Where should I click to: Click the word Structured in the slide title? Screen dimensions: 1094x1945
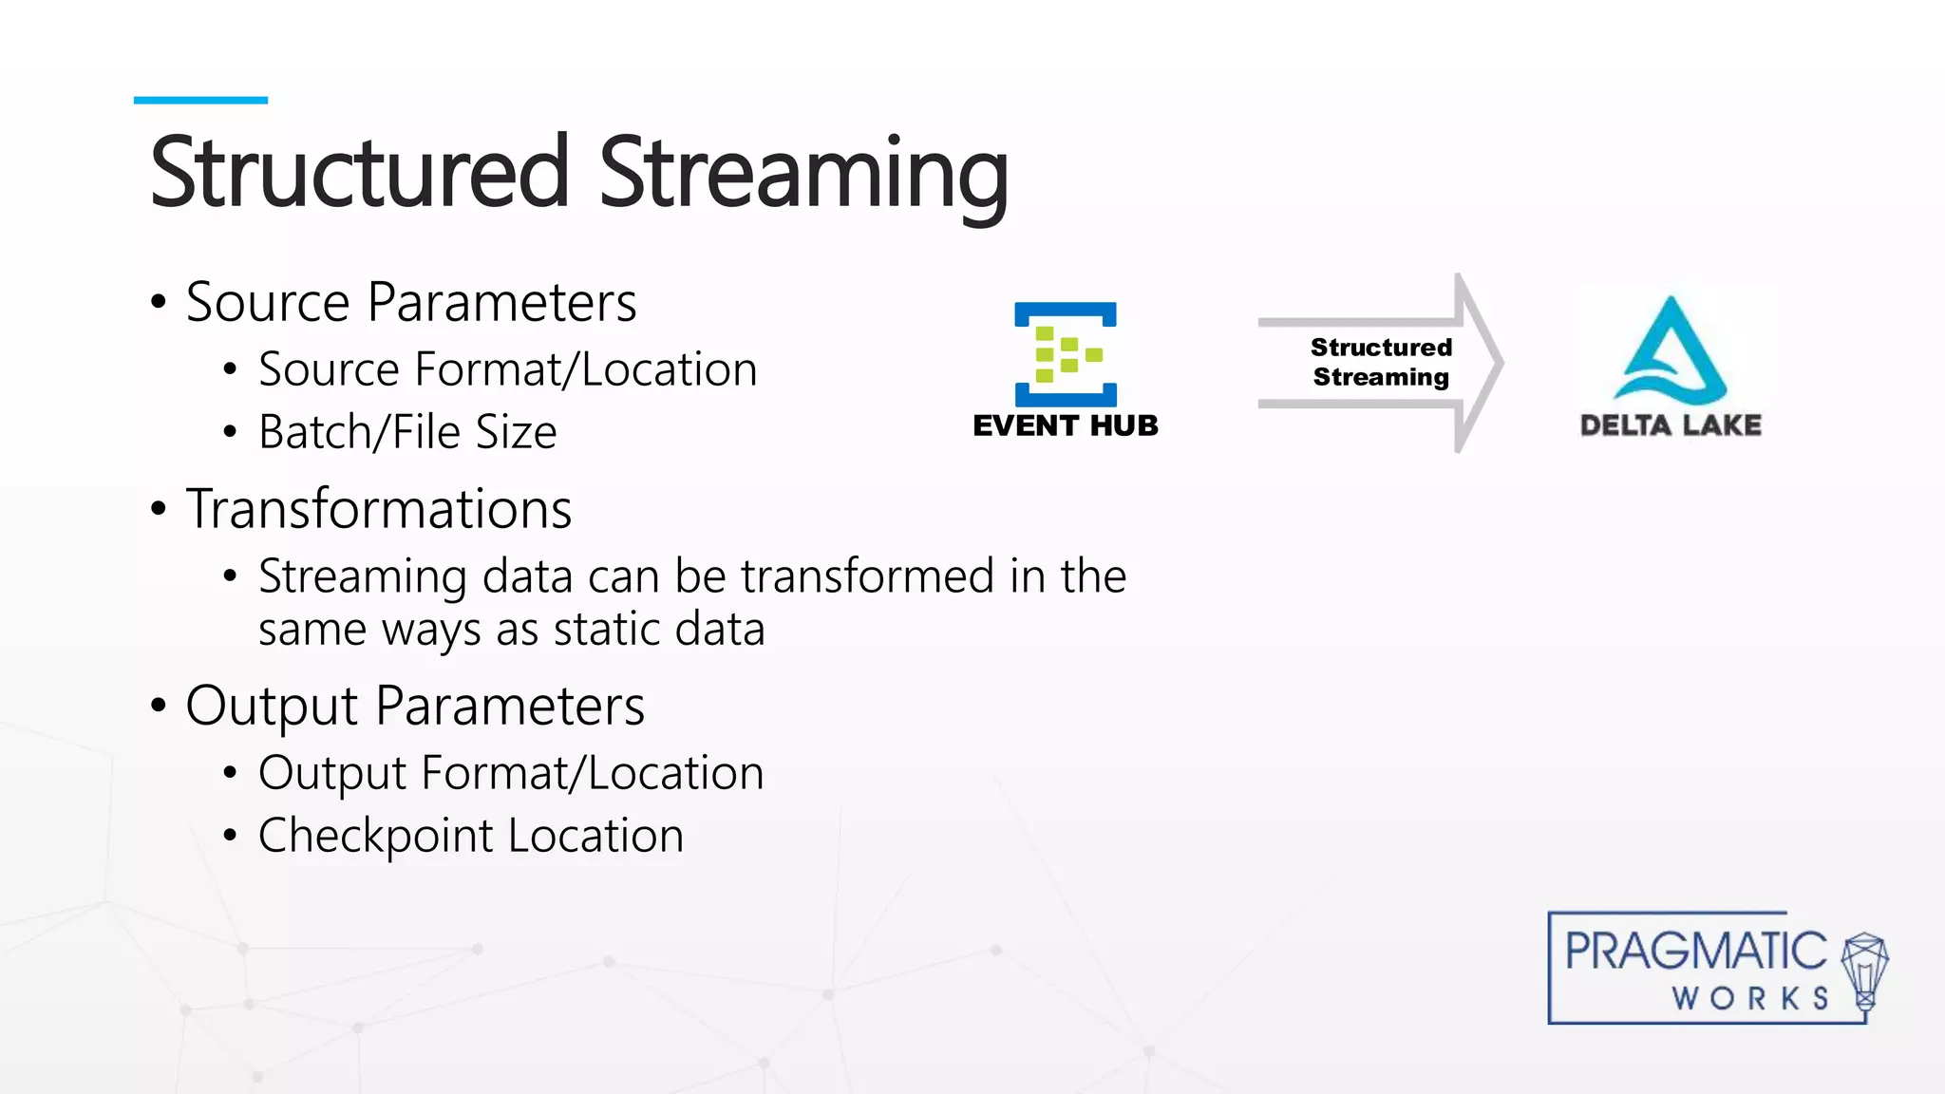coord(359,173)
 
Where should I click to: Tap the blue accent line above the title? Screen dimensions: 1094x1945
coord(200,100)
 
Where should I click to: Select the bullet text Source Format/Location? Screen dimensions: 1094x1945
coord(507,369)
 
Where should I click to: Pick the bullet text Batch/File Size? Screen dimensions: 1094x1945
coord(406,432)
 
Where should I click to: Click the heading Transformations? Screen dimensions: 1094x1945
coord(378,509)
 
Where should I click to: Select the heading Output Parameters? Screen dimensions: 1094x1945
coord(414,707)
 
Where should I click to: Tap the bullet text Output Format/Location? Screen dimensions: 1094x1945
coord(510,773)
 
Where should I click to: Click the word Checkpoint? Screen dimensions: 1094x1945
coord(376,837)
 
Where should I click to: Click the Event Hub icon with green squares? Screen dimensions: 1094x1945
coord(1065,354)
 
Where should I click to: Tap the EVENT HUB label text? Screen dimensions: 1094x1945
coord(1065,425)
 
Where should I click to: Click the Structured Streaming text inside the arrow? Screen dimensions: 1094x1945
coord(1380,362)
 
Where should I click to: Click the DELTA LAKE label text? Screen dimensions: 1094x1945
coord(1671,424)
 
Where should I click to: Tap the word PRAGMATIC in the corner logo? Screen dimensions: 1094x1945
coord(1694,951)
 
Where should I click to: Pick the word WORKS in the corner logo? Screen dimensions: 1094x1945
coord(1750,998)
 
